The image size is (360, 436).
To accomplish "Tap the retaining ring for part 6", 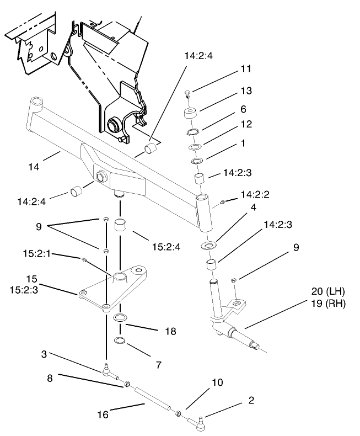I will point(193,132).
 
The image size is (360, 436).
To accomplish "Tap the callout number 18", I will point(170,332).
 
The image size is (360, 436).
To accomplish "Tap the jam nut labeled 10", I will point(179,414).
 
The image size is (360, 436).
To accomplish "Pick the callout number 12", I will point(246,124).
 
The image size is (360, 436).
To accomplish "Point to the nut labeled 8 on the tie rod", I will point(126,383).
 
